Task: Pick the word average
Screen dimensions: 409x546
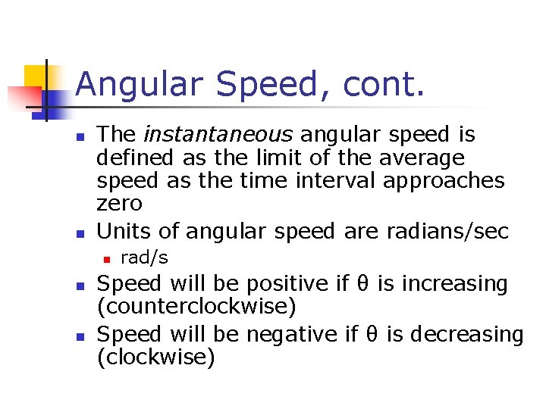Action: pos(419,158)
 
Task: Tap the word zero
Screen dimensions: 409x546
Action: pos(119,203)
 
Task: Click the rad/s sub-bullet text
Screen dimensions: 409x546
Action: pos(145,258)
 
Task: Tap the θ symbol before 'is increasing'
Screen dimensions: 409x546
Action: pos(362,284)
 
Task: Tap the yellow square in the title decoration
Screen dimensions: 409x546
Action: pos(36,78)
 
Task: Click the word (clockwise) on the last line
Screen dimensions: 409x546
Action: pos(157,357)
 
